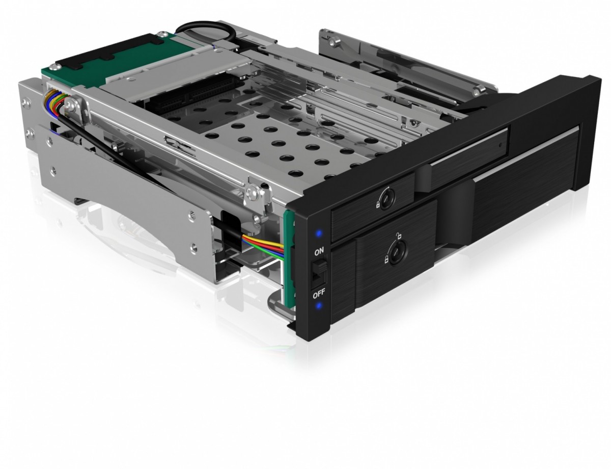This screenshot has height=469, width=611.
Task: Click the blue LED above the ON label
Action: point(318,234)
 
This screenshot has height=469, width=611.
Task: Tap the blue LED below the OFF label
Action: point(319,306)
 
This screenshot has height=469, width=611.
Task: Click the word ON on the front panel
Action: point(318,252)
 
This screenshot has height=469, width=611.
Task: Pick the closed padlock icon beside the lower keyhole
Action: point(387,260)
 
